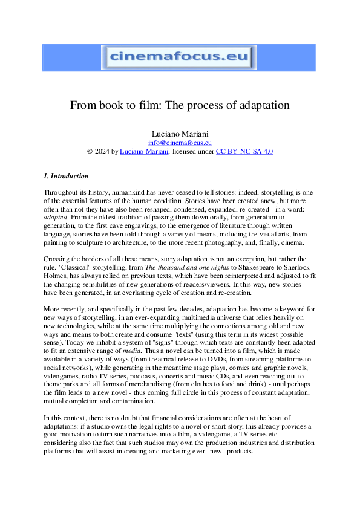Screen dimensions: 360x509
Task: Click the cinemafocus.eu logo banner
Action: pos(179,58)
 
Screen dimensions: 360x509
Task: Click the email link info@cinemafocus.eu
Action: pos(179,143)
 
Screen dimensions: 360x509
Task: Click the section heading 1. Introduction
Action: pos(66,177)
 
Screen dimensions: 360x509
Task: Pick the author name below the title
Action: pos(179,133)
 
